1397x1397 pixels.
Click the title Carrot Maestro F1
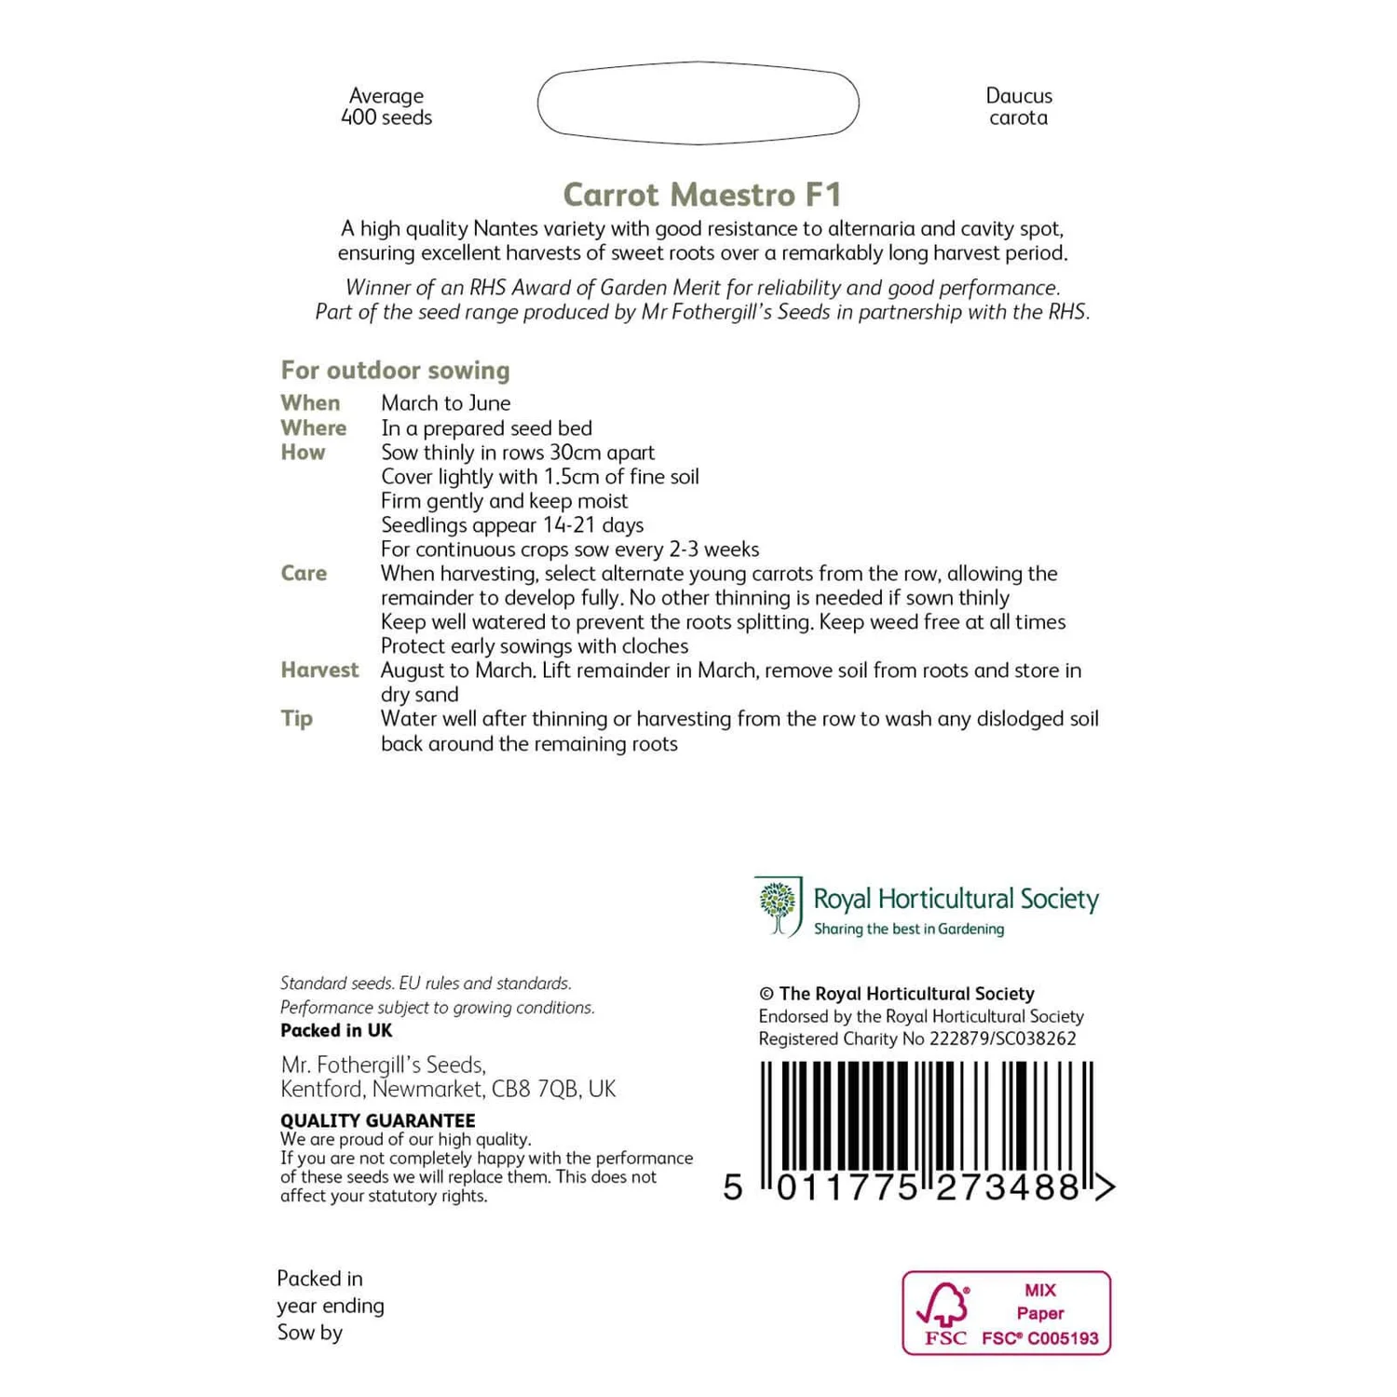click(702, 195)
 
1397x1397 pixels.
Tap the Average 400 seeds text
click(387, 106)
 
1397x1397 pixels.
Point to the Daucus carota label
click(1018, 106)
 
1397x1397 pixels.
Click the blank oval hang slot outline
click(698, 103)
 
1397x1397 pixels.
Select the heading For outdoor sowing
click(395, 371)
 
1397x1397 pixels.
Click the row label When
click(310, 403)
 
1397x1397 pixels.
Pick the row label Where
click(313, 427)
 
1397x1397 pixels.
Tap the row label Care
click(304, 573)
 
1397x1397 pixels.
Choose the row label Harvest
click(319, 670)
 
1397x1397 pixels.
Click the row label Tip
click(296, 718)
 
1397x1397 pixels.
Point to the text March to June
click(445, 403)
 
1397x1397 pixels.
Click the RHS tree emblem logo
click(779, 905)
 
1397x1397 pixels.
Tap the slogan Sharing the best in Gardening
click(908, 929)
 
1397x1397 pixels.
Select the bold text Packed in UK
click(336, 1030)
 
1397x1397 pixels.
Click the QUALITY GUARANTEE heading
click(377, 1120)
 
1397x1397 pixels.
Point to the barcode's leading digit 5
click(733, 1187)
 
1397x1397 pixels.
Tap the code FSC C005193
click(1039, 1338)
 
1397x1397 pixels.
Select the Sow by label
click(309, 1333)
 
